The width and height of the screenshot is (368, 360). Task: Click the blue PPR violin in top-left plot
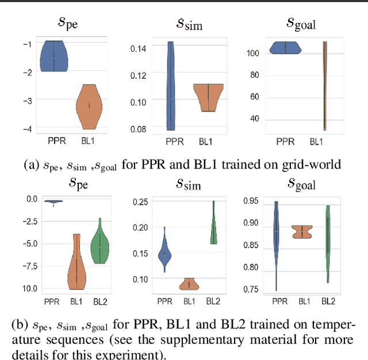tap(53, 56)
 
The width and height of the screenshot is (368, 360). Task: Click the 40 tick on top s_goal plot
tap(255, 119)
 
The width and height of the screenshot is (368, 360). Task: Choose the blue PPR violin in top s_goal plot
tap(285, 48)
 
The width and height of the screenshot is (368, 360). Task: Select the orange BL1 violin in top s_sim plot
tap(208, 97)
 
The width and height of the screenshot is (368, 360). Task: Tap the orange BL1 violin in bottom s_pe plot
tap(76, 265)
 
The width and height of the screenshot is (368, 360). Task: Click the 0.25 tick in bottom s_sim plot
tap(140, 201)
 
